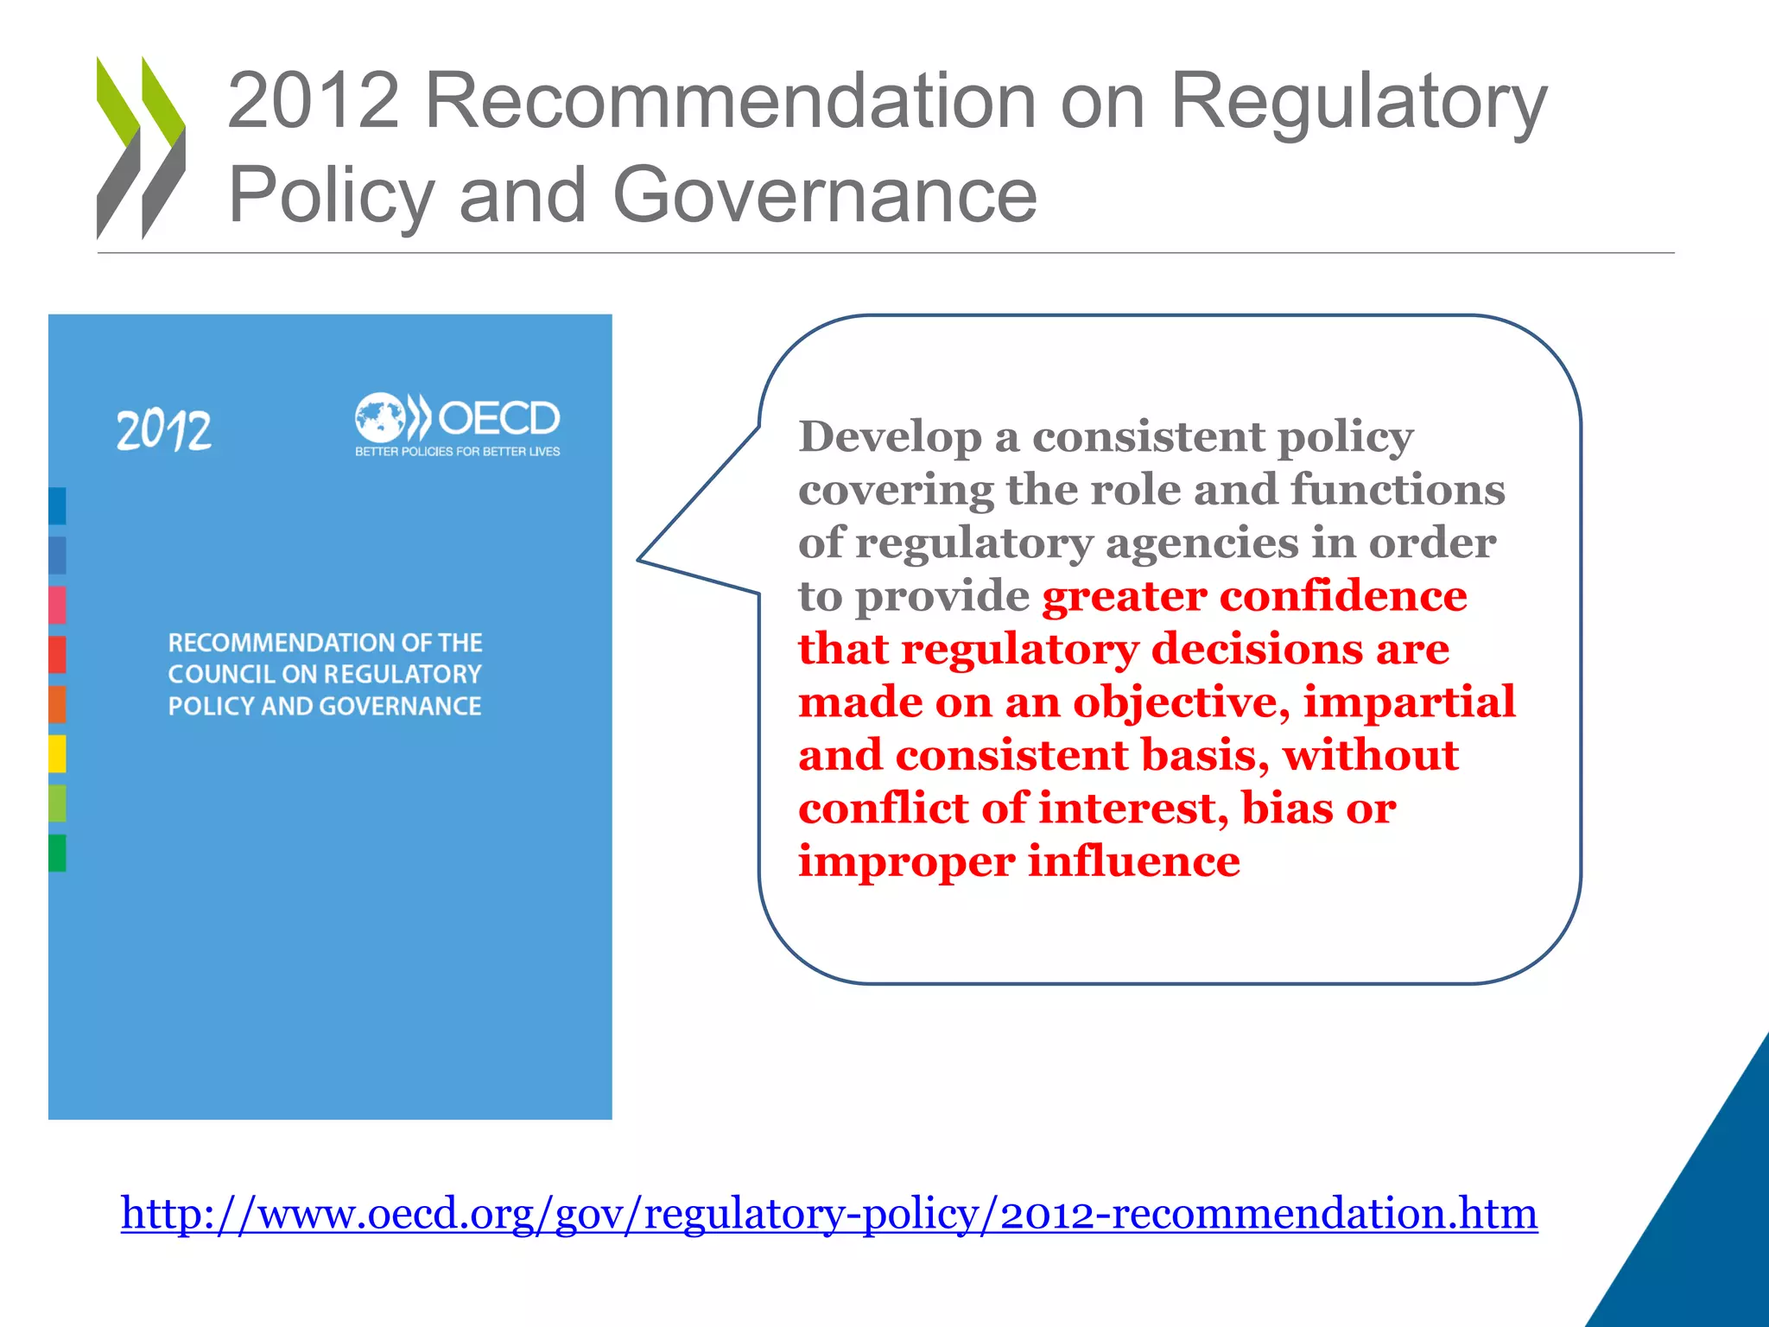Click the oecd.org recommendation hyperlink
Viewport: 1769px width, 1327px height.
pos(829,1213)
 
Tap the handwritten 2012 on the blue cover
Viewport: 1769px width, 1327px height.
pos(164,430)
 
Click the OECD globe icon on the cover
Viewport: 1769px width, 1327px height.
pos(379,419)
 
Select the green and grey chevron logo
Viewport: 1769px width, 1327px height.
pos(141,147)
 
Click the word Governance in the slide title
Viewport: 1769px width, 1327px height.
pos(825,195)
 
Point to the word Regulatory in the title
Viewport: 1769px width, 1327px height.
pos(1358,102)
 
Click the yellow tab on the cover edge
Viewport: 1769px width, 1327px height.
pos(57,753)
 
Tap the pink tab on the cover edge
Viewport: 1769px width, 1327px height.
pos(57,604)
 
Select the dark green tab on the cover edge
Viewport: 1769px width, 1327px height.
pos(57,853)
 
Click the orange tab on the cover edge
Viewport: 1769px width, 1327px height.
pos(57,704)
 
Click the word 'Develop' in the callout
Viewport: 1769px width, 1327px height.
pos(890,437)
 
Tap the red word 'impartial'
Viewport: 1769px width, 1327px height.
pos(1410,702)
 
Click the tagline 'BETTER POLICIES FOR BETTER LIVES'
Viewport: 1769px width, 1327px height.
pos(457,452)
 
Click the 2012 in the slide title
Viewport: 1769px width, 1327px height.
pos(314,102)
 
